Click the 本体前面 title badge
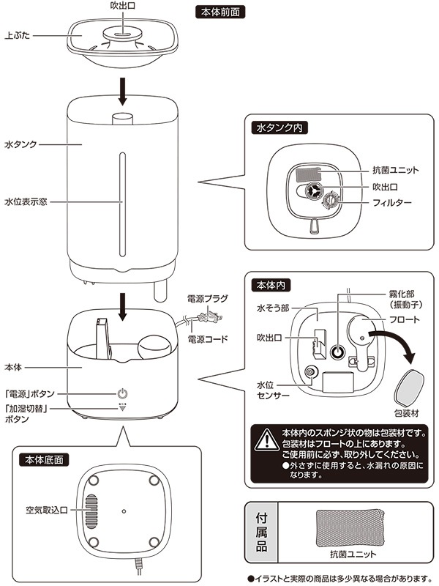(220, 12)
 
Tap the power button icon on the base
(123, 393)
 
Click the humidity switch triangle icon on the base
(122, 407)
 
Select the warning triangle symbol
(266, 440)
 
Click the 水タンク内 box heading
(279, 127)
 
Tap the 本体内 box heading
(271, 286)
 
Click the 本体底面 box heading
(44, 460)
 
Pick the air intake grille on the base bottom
(91, 511)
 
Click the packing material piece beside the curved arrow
(409, 389)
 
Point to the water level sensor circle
(310, 372)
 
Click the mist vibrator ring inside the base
(338, 352)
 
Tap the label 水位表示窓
(26, 202)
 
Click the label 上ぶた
(17, 36)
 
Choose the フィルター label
(392, 203)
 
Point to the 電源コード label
(207, 339)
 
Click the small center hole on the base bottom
(124, 511)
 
